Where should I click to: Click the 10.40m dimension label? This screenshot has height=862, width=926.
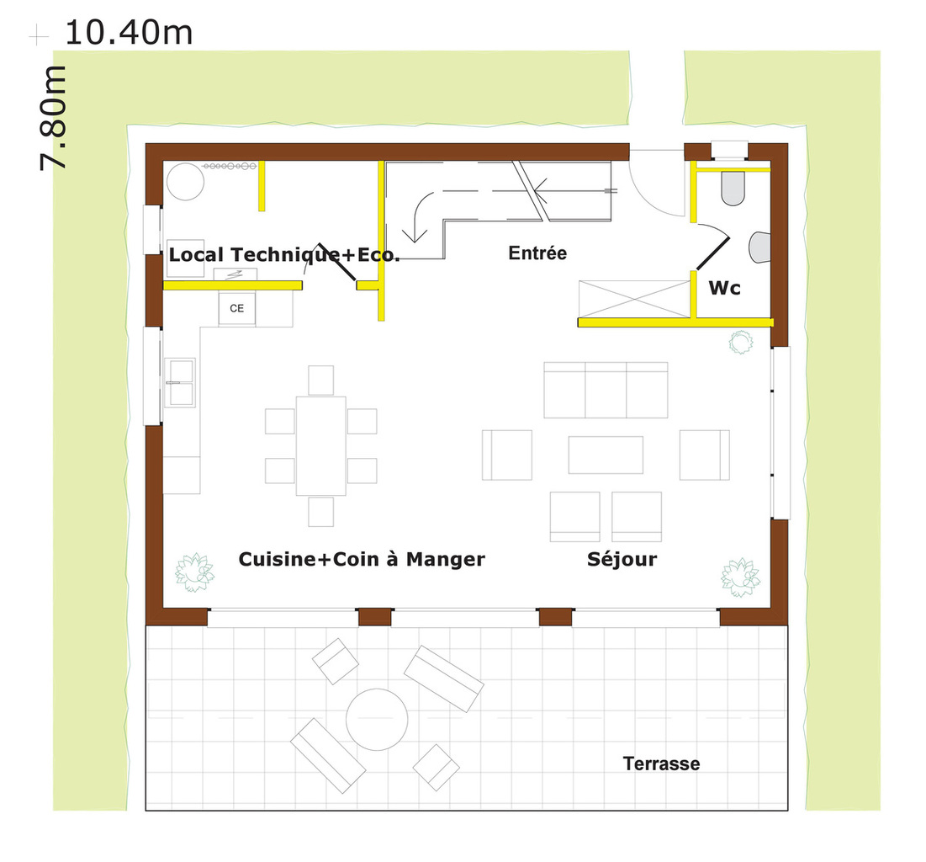click(x=128, y=33)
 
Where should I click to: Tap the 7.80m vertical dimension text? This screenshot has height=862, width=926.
click(x=52, y=118)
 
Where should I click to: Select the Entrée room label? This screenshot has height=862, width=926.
click(x=537, y=253)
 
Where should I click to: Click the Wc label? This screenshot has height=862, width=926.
click(x=724, y=288)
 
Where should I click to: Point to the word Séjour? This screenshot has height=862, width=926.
click(x=622, y=559)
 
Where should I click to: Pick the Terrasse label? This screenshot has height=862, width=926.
click(x=661, y=764)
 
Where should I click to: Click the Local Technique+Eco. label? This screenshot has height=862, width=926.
click(x=284, y=255)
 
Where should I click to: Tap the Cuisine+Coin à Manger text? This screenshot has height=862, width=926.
click(x=362, y=559)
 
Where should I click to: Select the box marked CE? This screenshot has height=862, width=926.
click(x=237, y=308)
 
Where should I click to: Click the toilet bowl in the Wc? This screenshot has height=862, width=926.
click(x=733, y=189)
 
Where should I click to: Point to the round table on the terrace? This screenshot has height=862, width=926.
click(x=377, y=719)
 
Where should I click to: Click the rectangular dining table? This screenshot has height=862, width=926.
click(x=320, y=446)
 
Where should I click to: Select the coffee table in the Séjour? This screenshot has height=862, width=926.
click(x=606, y=455)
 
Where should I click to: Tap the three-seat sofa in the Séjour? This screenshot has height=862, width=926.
click(x=606, y=391)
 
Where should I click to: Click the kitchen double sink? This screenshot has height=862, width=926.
click(x=180, y=382)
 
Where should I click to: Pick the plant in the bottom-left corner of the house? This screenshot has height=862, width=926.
click(x=194, y=572)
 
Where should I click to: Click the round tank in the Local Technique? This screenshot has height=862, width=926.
click(x=185, y=182)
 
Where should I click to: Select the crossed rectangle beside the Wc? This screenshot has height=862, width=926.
click(x=634, y=299)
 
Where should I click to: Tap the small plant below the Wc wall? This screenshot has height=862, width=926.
click(x=741, y=343)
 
